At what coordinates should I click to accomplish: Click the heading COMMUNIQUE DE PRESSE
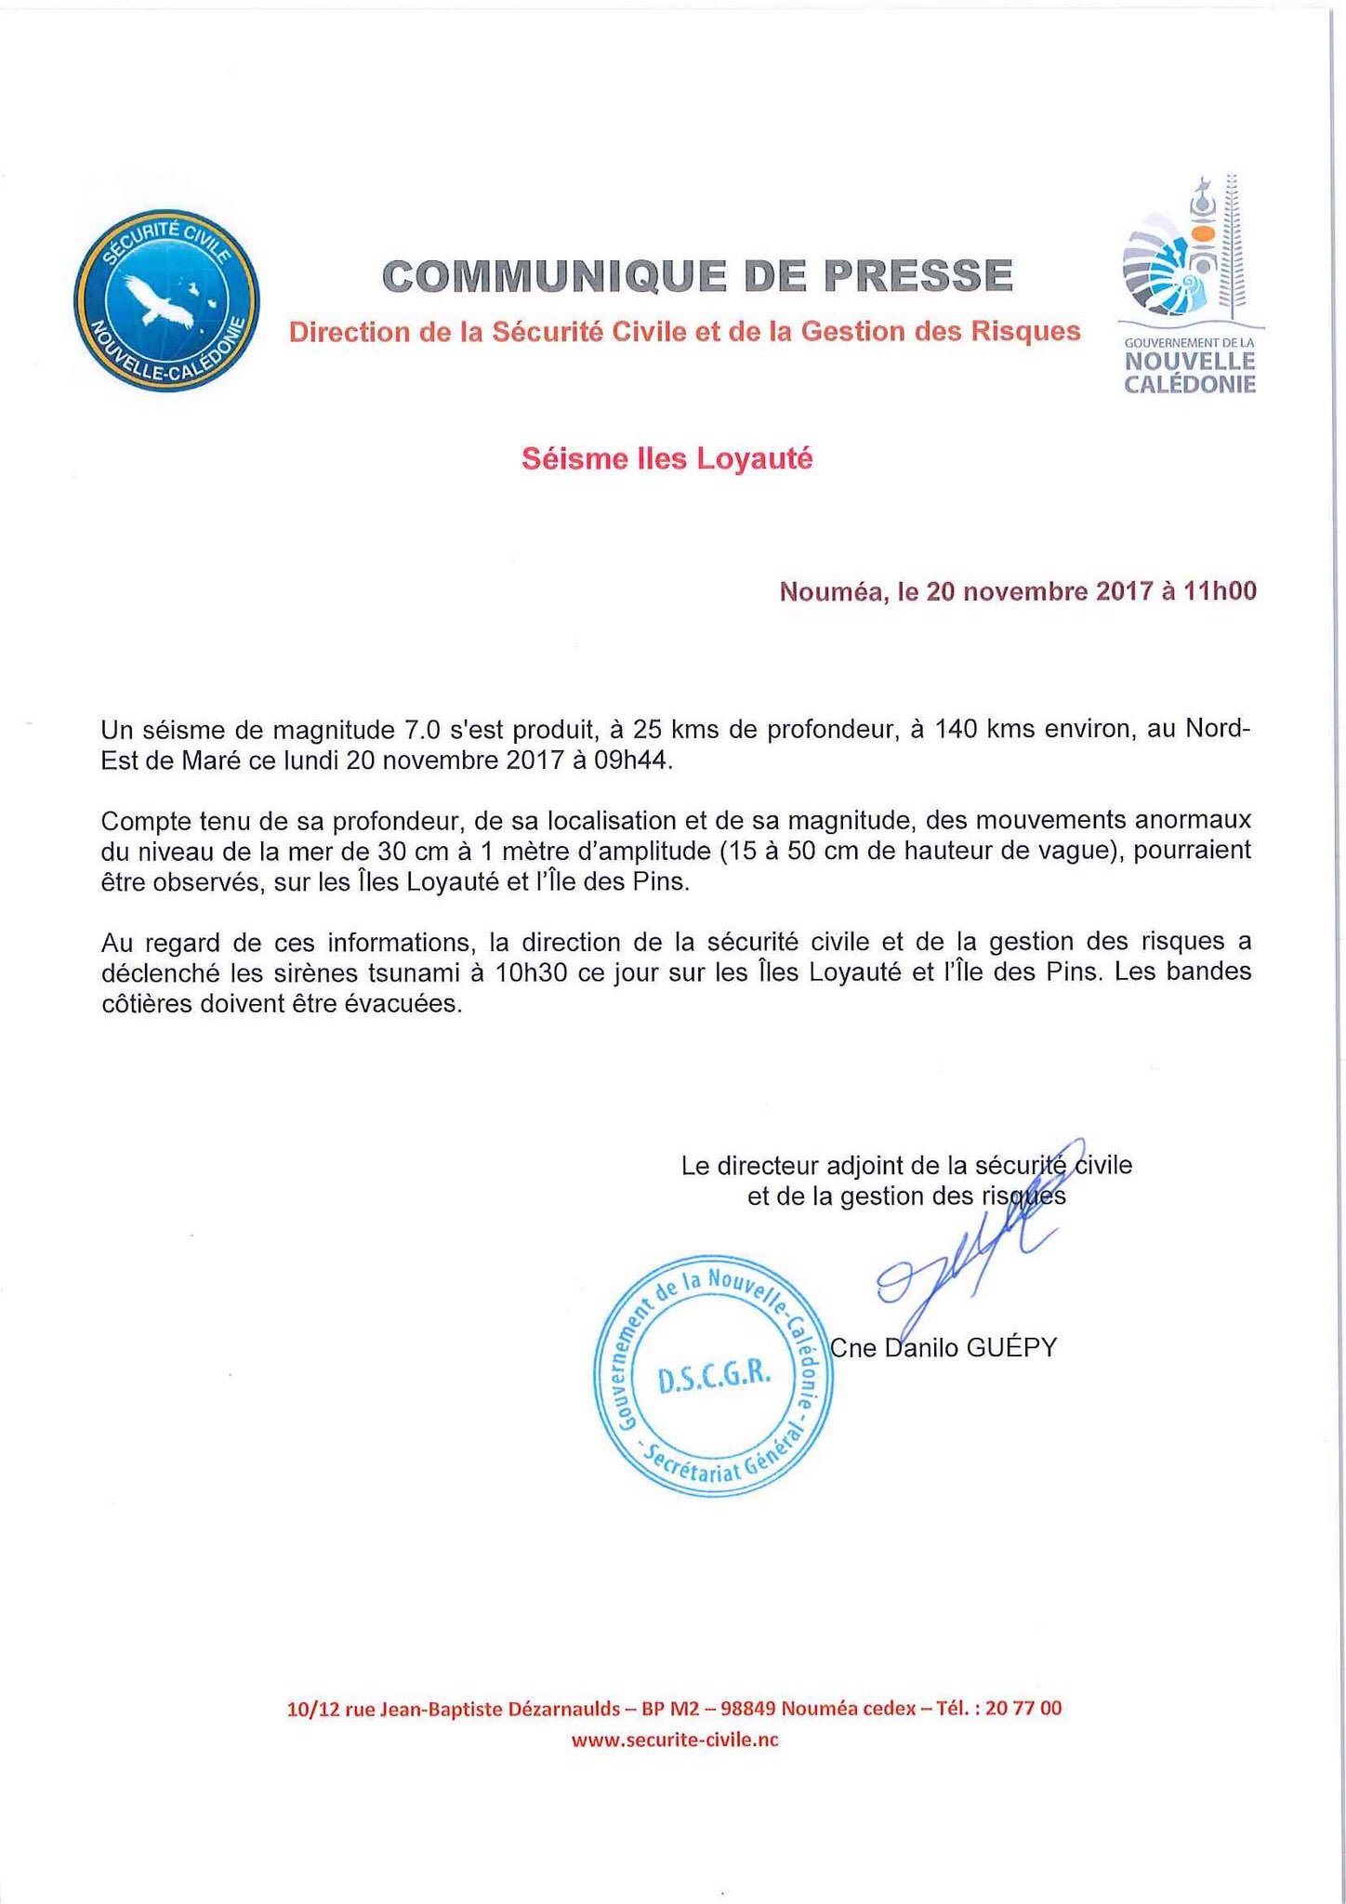[696, 275]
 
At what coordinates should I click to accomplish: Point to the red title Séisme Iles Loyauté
[666, 458]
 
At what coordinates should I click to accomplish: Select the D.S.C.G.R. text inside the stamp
[714, 1379]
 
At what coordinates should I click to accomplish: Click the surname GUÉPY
[1011, 1347]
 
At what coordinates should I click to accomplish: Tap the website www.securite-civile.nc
[674, 1740]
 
